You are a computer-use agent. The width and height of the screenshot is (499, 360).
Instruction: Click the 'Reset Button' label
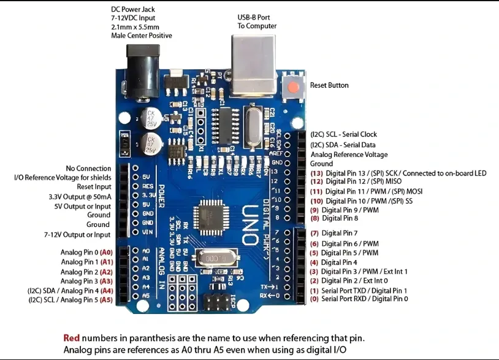tap(329, 85)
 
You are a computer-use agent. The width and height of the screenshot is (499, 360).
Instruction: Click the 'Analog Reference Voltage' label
tap(349, 155)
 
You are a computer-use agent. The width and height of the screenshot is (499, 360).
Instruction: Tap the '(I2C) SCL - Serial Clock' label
tap(343, 134)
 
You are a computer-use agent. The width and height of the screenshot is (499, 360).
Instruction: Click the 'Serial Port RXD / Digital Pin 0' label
tap(364, 299)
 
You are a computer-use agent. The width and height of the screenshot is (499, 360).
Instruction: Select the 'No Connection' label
tap(88, 168)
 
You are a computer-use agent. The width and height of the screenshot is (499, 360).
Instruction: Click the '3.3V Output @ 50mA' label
tap(80, 197)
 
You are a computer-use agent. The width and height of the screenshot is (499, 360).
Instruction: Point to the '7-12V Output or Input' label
tap(77, 234)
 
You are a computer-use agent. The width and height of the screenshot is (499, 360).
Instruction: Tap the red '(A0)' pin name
tap(107, 252)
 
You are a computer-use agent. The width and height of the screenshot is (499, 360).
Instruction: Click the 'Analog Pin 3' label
tap(79, 281)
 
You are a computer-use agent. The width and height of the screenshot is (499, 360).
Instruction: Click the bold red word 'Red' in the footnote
tap(71, 338)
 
